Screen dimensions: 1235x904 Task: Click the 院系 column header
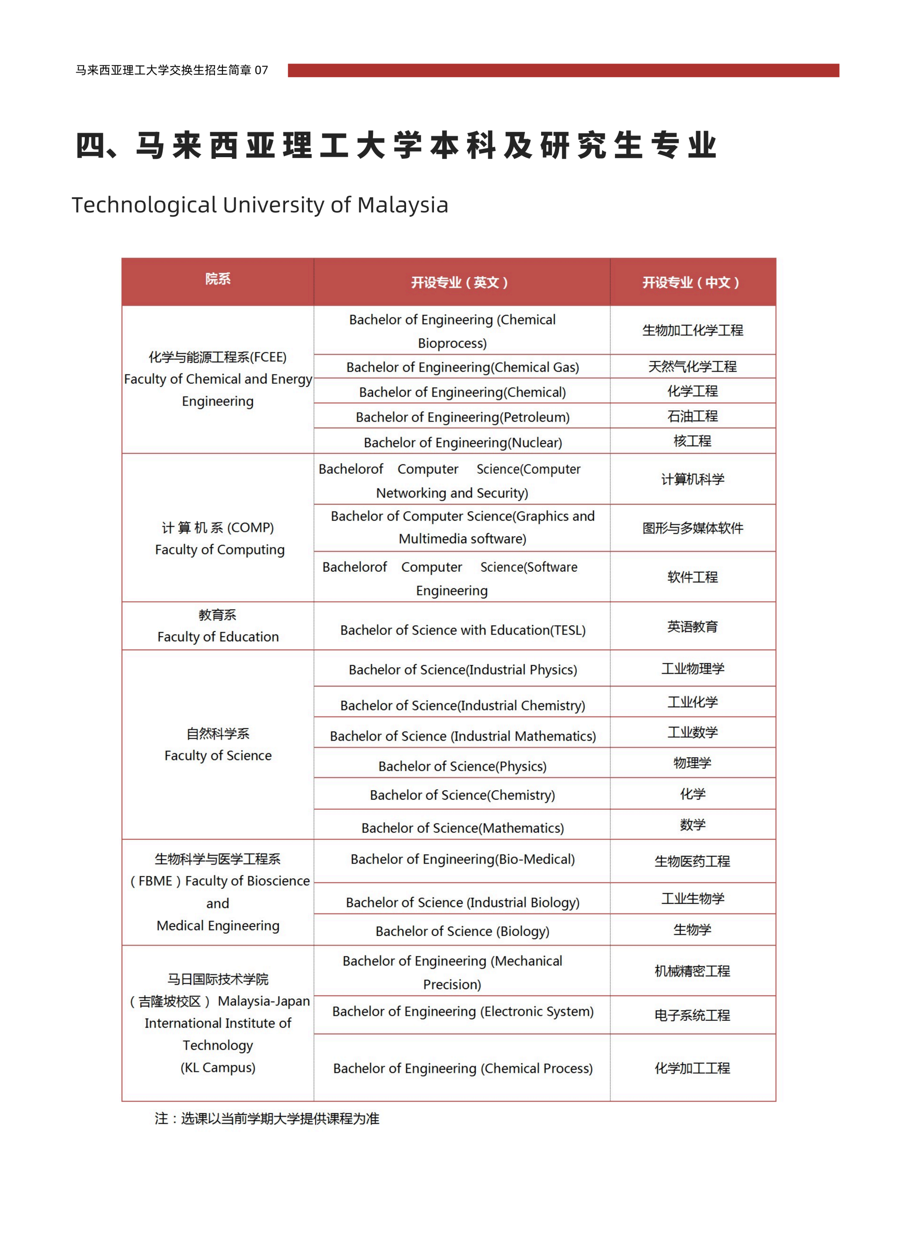coord(218,279)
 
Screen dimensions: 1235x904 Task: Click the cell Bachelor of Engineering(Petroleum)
coord(463,417)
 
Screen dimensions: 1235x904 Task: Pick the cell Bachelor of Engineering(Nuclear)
coord(463,442)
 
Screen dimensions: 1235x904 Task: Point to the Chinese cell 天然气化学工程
coord(692,366)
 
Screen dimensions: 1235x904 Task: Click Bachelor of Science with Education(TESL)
coord(463,630)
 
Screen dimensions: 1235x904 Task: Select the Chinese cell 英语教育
coord(692,626)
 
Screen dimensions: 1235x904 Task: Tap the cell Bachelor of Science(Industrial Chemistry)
coord(463,705)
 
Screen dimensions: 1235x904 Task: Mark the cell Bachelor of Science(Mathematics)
coord(463,828)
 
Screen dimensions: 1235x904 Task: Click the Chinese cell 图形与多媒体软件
coord(692,528)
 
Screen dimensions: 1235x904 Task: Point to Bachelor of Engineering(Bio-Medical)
coord(463,859)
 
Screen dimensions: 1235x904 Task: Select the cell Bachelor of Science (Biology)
coord(463,931)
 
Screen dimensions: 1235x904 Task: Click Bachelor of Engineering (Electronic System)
coord(463,1011)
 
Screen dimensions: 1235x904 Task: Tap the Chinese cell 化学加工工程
coord(692,1068)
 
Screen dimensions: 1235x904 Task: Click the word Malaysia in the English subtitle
coord(403,205)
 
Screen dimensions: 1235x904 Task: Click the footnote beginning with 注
coord(267,1118)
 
